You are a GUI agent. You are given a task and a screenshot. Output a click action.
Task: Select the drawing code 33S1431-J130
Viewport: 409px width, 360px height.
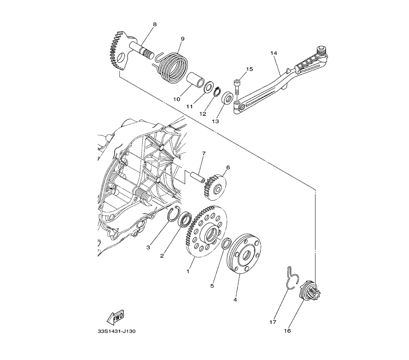(x=117, y=331)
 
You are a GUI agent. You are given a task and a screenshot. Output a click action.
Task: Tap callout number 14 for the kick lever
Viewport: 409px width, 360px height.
(x=274, y=53)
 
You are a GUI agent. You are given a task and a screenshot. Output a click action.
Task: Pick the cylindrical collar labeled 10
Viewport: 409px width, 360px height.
(x=194, y=80)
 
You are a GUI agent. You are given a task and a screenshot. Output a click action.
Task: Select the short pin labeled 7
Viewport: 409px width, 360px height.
(x=198, y=176)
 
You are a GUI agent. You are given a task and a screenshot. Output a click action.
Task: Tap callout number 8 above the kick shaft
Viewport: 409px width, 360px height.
(x=155, y=25)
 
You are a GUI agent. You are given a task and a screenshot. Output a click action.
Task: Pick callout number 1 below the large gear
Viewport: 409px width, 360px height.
(x=188, y=271)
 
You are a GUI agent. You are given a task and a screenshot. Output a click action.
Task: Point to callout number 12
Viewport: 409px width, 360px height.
(x=203, y=114)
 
